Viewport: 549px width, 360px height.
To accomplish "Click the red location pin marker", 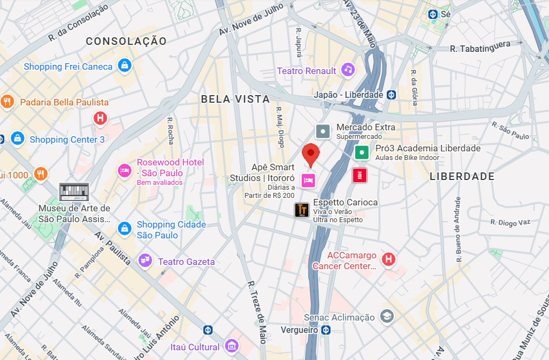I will point(310,154).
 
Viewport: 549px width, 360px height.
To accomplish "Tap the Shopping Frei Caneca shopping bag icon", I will point(125,66).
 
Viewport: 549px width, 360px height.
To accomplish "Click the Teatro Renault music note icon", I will point(348,70).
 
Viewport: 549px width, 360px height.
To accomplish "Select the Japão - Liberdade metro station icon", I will point(391,95).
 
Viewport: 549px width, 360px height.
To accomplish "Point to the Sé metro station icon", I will point(433,15).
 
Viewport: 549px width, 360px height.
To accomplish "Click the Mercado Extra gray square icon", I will point(323,131).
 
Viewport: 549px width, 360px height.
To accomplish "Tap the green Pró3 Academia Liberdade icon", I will point(361,152).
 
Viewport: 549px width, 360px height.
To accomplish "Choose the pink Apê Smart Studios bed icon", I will point(308,181).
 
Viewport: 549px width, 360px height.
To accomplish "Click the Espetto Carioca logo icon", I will point(301,210).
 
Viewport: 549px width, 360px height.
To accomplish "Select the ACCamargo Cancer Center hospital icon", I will point(388,260).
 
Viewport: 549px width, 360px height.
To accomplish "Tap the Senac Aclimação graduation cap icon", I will point(386,317).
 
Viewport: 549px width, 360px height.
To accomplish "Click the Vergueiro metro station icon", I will point(326,330).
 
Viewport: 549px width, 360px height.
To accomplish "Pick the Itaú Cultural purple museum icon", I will point(231,346).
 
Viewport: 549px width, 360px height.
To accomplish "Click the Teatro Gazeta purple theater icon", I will point(144,261).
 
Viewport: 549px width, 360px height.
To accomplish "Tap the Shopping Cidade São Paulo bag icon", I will point(125,229).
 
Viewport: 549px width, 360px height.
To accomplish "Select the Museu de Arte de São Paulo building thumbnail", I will point(74,192).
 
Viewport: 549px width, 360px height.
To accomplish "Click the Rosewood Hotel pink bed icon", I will point(125,171).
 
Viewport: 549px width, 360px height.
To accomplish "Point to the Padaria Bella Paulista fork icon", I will point(6,102).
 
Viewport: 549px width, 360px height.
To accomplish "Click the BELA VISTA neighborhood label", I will point(235,99).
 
